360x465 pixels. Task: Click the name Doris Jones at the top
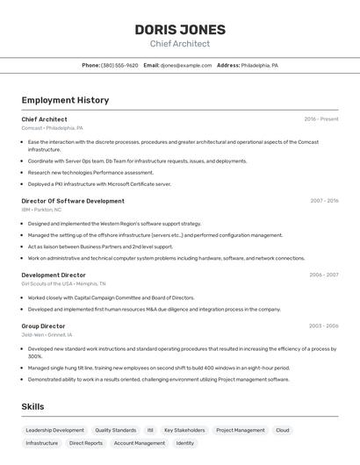tap(180, 29)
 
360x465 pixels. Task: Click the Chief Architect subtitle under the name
tap(180, 44)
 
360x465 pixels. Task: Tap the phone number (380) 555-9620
tap(119, 65)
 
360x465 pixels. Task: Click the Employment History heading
tap(65, 100)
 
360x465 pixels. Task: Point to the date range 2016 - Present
tap(321, 119)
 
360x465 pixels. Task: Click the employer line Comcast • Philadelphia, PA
tap(52, 128)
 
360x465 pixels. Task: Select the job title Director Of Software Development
tap(73, 201)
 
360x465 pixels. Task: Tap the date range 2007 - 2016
tap(324, 201)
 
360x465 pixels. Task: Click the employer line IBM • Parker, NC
tap(41, 210)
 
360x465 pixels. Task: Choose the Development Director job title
tap(54, 275)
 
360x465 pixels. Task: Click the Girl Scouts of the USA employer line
tap(63, 283)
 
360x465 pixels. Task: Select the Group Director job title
tap(43, 325)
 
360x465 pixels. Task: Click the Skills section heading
tap(32, 406)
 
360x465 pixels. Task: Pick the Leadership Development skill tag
tap(54, 430)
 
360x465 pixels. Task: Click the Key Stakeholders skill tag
tap(184, 430)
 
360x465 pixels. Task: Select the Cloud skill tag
tap(282, 430)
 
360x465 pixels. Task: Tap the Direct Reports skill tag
tap(86, 443)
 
